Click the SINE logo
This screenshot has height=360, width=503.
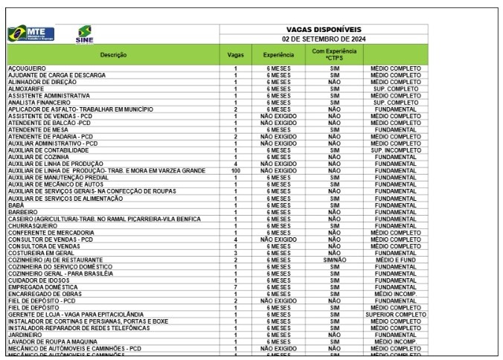click(84, 34)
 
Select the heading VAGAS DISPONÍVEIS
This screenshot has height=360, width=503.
click(324, 29)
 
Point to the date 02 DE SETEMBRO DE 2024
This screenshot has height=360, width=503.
click(324, 38)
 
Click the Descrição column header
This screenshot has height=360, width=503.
click(113, 54)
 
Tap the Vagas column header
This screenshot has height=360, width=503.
click(235, 54)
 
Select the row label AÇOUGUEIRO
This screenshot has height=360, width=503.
click(27, 68)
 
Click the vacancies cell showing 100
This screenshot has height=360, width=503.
click(235, 170)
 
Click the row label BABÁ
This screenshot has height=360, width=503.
click(16, 204)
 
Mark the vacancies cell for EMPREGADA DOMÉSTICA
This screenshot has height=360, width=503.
click(235, 286)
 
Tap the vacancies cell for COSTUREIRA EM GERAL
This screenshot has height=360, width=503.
click(235, 253)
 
